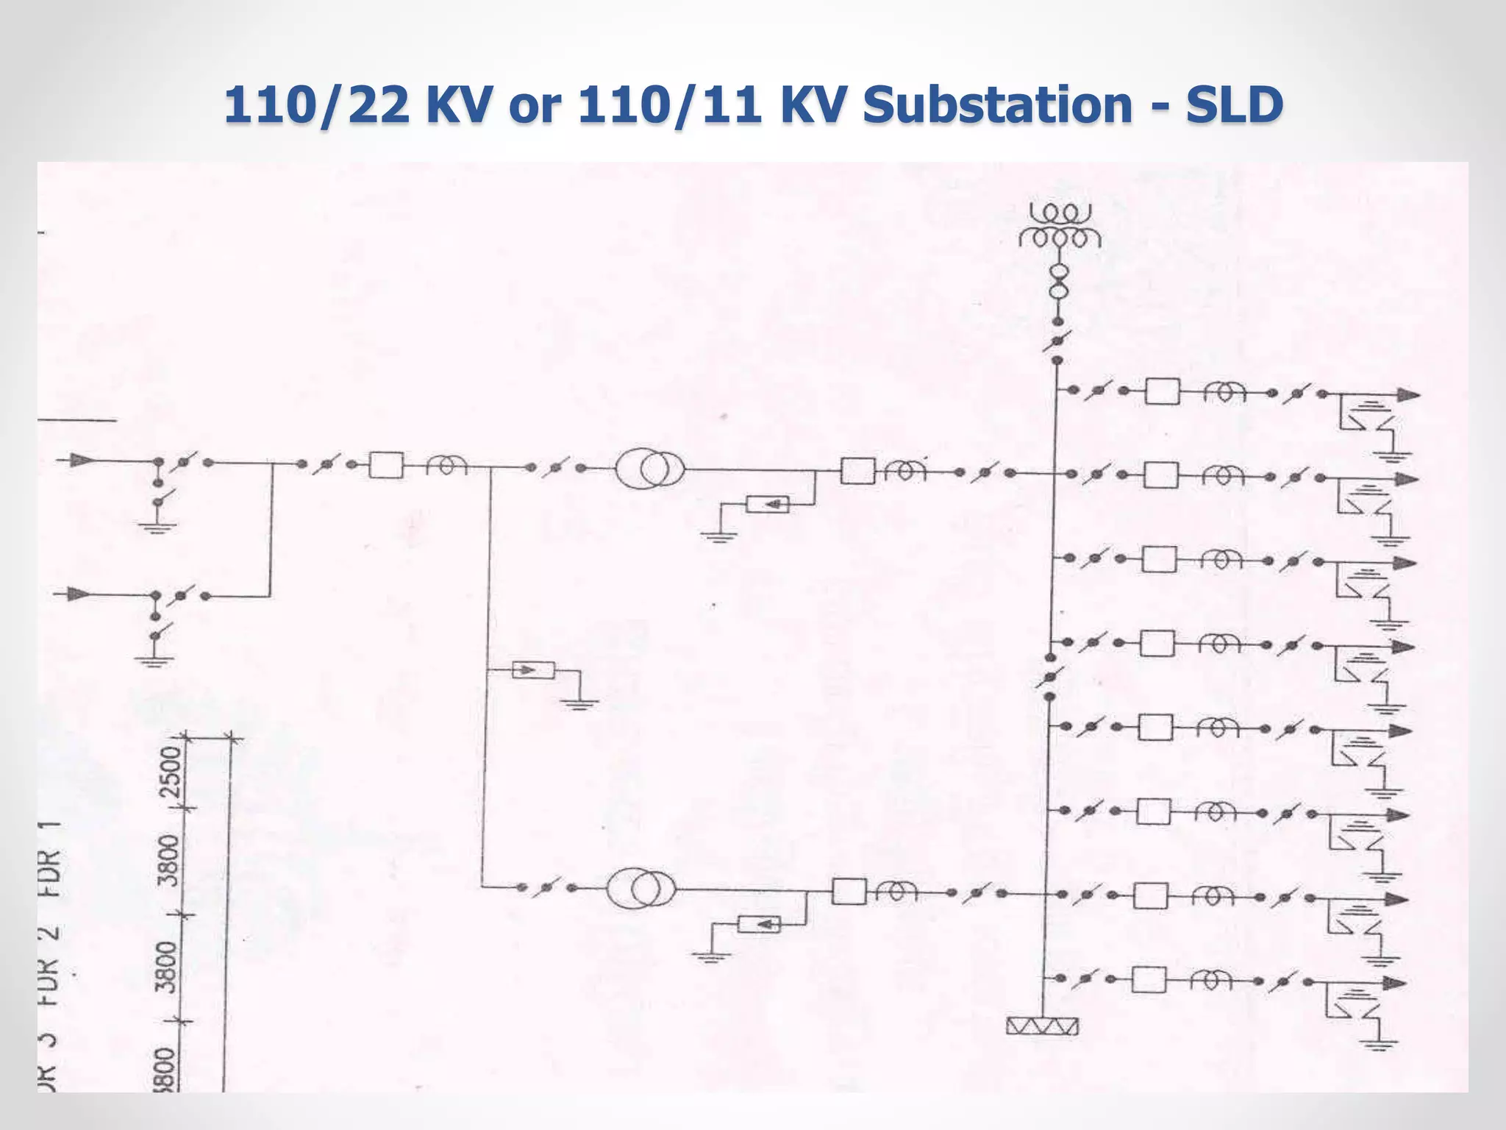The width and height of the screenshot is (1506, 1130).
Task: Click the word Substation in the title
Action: coord(997,105)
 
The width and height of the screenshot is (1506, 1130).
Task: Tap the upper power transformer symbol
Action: coord(650,469)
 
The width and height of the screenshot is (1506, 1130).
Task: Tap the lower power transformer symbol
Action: coord(640,889)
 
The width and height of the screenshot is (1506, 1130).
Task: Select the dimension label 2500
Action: coord(171,772)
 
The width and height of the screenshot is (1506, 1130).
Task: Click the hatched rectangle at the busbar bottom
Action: coord(1042,1026)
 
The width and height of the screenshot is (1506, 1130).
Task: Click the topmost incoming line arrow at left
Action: coord(82,461)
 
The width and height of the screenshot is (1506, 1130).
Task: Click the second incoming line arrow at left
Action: coord(79,594)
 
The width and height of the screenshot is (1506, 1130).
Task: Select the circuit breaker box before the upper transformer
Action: coord(386,465)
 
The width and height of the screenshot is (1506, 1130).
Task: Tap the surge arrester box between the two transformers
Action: coord(533,670)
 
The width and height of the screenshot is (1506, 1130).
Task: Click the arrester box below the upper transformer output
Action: coord(767,505)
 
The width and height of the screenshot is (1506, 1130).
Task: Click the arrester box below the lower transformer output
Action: coord(759,924)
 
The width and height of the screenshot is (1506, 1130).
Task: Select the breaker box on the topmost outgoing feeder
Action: coord(1163,391)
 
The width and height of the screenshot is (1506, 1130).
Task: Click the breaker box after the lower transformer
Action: coord(849,892)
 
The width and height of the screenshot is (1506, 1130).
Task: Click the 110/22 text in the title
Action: coord(316,105)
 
